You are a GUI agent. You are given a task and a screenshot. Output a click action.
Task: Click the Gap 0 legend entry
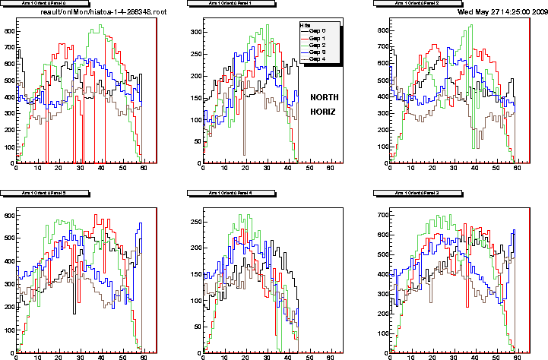pyautogui.click(x=318, y=31)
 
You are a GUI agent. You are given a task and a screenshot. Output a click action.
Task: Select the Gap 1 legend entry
pyautogui.click(x=318, y=38)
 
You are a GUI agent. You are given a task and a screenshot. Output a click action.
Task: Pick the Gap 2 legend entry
pyautogui.click(x=318, y=45)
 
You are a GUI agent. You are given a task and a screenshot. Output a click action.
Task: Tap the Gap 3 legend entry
pyautogui.click(x=318, y=52)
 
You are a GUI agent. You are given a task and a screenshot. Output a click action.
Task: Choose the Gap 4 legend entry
pyautogui.click(x=318, y=58)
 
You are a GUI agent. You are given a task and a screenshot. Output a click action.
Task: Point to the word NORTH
pyautogui.click(x=326, y=97)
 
